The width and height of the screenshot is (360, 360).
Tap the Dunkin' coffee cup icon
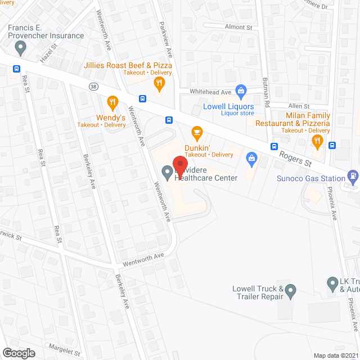click(x=197, y=133)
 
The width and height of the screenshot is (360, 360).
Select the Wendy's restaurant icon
click(x=113, y=102)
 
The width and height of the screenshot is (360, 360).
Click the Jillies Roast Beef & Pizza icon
click(x=160, y=84)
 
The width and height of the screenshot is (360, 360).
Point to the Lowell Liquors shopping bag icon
click(x=241, y=91)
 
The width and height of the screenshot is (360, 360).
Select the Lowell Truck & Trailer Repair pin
click(x=290, y=291)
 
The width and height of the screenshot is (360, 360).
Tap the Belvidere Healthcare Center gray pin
click(x=167, y=173)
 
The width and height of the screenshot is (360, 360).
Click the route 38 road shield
click(x=93, y=86)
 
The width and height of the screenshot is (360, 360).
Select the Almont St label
click(x=238, y=26)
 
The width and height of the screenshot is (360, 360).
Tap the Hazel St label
click(x=49, y=55)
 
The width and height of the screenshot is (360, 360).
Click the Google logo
click(x=19, y=353)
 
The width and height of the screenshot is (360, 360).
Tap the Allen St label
click(x=299, y=106)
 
